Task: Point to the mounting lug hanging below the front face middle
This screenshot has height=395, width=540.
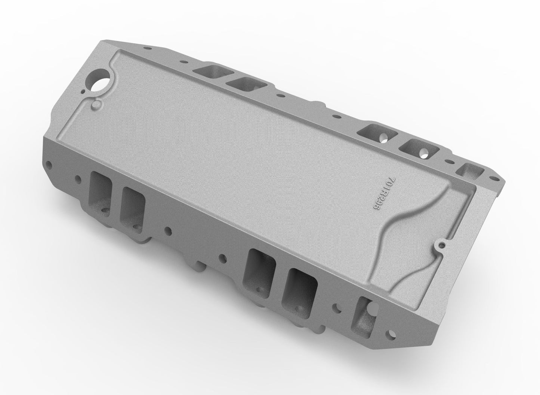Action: pyautogui.click(x=198, y=267)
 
